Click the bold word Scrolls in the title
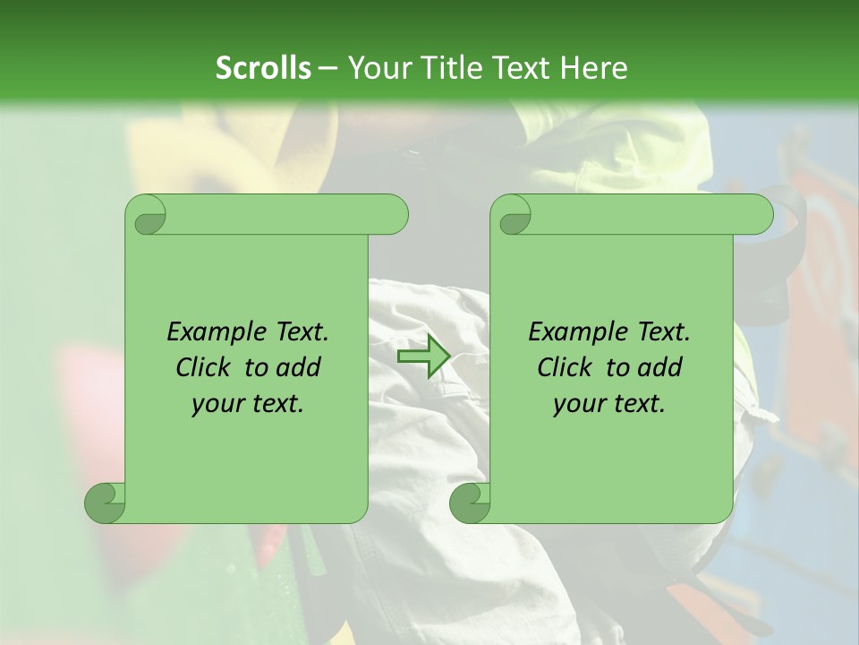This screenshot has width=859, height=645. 263,67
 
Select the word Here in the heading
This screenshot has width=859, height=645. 594,67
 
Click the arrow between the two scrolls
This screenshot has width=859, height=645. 423,356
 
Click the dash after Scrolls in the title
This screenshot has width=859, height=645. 327,68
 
